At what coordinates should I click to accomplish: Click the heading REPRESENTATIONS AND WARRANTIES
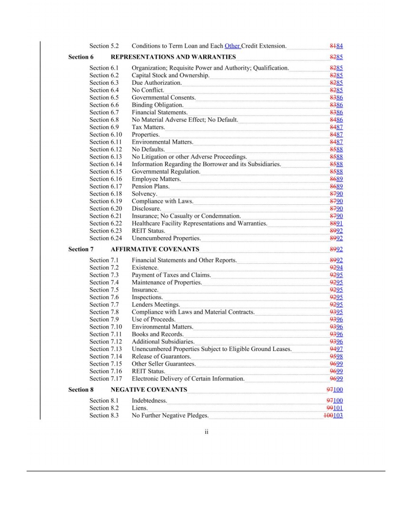[173, 57]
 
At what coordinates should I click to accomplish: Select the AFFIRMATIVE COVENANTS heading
[155, 249]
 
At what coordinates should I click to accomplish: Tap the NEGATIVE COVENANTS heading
[148, 390]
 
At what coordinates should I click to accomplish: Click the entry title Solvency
[144, 194]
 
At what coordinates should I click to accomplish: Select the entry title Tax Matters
[148, 127]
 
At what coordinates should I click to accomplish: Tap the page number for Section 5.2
[336, 46]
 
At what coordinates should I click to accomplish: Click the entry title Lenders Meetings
[156, 305]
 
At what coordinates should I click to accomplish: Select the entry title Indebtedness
[149, 401]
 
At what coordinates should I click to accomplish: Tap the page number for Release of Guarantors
[336, 357]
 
